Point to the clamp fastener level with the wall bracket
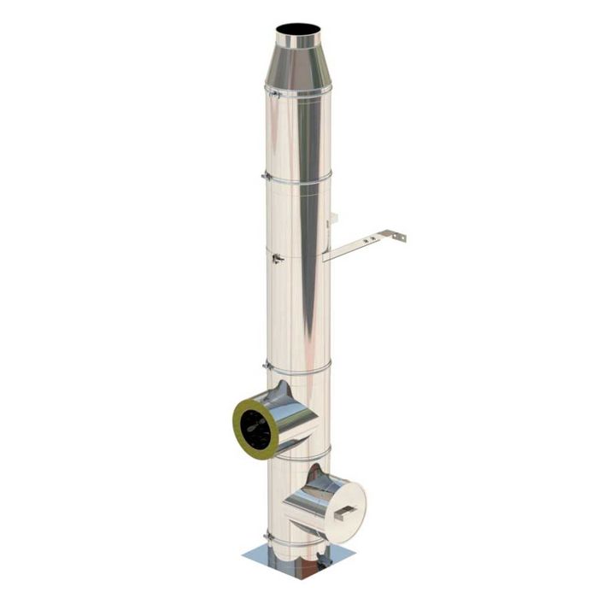(x=275, y=257)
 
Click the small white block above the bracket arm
(x=334, y=221)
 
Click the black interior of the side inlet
(x=255, y=424)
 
